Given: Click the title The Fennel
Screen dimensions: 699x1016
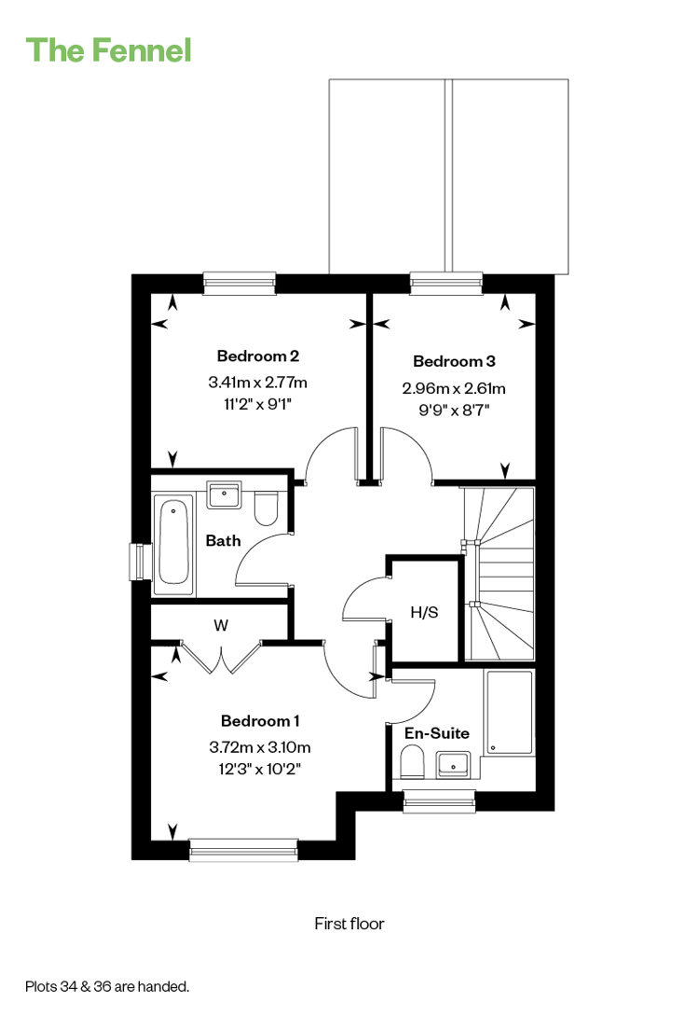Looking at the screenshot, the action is (108, 49).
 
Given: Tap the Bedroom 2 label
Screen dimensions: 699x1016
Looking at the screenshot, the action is (257, 355).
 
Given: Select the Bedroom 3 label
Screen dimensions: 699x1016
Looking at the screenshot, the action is (454, 361).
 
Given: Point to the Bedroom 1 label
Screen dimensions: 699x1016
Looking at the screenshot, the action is (259, 720).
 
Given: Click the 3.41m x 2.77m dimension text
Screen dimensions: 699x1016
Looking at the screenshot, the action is (257, 383).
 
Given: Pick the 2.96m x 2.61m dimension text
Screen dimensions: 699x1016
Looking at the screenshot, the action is (454, 388).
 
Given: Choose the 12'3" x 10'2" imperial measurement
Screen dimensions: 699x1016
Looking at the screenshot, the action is (259, 769).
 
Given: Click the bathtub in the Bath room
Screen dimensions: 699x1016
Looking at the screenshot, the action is (173, 539).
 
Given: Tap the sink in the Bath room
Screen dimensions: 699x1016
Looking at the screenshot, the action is (224, 494).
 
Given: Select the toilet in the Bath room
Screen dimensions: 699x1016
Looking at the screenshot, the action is (266, 508).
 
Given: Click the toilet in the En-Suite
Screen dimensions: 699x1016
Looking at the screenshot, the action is (412, 761).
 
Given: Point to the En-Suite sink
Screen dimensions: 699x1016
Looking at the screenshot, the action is (453, 764).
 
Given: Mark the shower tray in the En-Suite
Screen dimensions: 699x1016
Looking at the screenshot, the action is (510, 713).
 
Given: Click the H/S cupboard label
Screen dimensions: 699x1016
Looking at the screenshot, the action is (425, 612).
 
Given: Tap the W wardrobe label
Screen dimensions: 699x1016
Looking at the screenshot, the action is (221, 625).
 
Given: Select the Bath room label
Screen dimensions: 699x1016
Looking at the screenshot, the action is (224, 540).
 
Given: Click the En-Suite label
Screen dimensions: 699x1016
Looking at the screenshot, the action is (437, 732).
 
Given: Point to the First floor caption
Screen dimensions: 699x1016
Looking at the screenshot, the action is (349, 924).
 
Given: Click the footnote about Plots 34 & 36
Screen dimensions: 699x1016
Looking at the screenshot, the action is (107, 986).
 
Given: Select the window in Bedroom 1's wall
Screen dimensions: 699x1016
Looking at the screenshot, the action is (243, 850).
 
